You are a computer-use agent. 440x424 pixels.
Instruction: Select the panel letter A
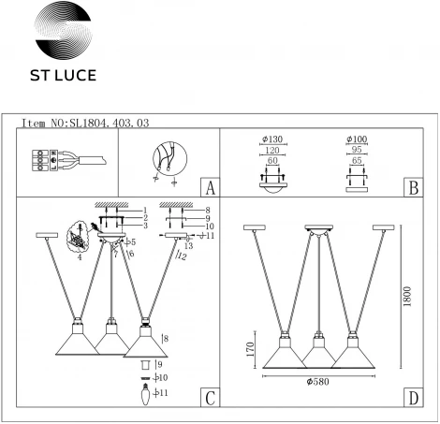point(211,187)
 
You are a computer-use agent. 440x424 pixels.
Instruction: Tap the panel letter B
point(413,187)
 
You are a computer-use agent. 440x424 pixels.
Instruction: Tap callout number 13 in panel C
point(188,246)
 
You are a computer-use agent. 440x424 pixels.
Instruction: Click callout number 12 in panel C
point(181,256)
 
